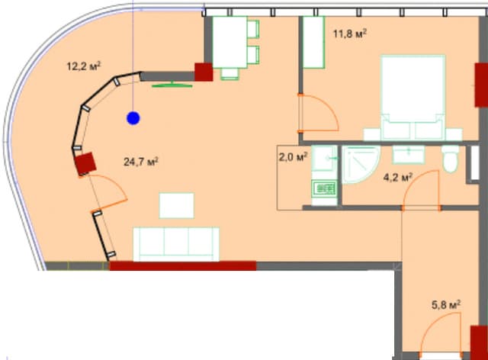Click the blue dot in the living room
[133, 117]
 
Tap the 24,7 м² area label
[140, 161]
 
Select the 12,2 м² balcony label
[85, 66]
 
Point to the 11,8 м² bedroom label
[351, 33]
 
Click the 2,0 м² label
[293, 157]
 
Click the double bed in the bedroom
[413, 98]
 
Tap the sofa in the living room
[177, 243]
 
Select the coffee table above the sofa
[176, 205]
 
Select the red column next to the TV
[204, 72]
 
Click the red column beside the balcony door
[85, 164]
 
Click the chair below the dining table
[230, 74]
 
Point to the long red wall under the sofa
[183, 266]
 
